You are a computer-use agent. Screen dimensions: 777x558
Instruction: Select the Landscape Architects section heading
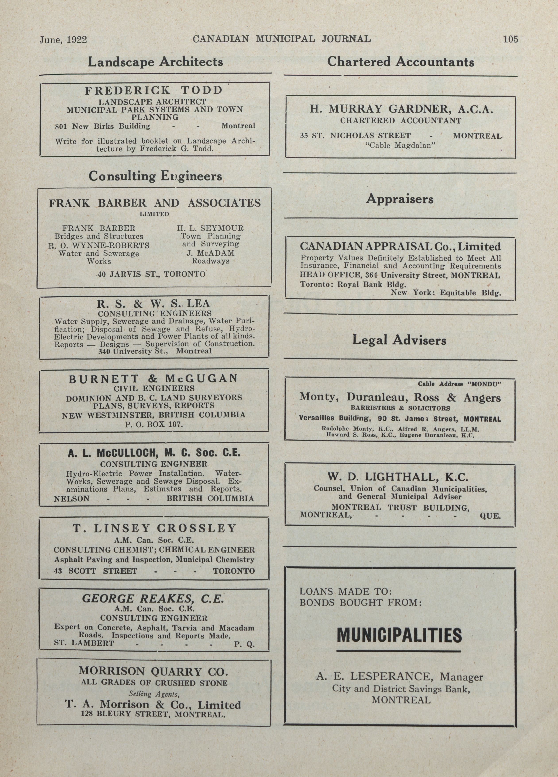tap(155, 62)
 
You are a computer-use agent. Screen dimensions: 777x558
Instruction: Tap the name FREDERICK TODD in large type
tap(154, 90)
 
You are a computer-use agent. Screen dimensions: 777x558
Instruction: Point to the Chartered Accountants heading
tap(400, 62)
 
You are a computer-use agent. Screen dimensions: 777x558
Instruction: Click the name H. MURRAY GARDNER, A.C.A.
tap(401, 109)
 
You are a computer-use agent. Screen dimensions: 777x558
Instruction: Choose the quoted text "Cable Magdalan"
tap(400, 145)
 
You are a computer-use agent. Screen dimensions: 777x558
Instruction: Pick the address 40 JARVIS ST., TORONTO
tap(152, 274)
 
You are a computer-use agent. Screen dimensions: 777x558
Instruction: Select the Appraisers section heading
tap(399, 199)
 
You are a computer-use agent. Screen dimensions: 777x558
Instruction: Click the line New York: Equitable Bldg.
tap(446, 293)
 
